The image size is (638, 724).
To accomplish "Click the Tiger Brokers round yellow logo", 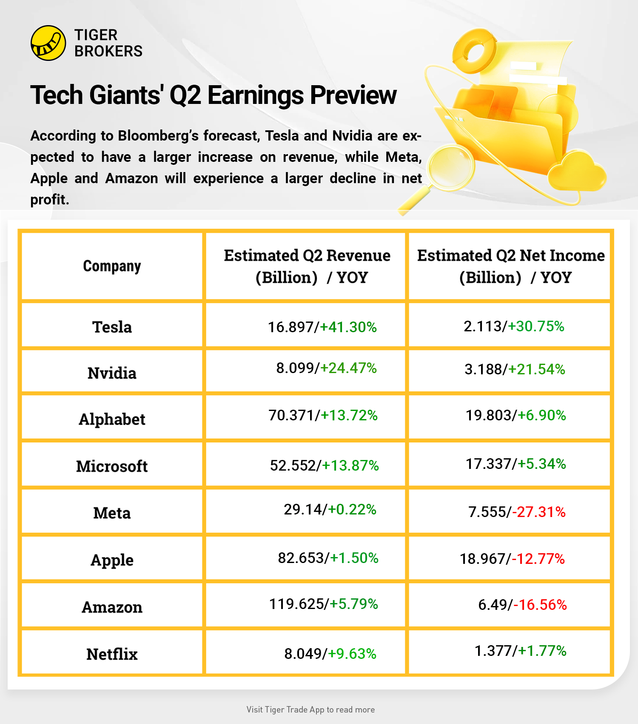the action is click(x=48, y=43).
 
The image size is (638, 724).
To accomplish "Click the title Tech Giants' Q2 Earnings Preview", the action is click(x=213, y=95).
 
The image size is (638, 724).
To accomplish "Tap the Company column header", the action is click(x=112, y=266).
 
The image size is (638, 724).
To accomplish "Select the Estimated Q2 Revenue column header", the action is click(x=307, y=266).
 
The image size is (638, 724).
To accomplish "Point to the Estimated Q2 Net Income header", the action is click(x=511, y=266).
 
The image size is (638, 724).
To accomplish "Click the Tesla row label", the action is click(x=112, y=327).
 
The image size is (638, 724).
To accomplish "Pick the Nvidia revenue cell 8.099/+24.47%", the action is click(x=326, y=368).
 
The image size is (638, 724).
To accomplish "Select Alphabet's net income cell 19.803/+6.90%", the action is click(x=516, y=415).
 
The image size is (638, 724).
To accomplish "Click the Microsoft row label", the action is click(x=112, y=466).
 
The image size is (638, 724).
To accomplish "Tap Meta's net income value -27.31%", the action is click(x=539, y=511).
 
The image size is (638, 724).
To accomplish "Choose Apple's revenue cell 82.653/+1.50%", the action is click(x=328, y=558).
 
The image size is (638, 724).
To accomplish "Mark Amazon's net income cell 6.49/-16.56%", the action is click(x=522, y=604).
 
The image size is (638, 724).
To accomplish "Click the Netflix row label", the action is click(x=112, y=654).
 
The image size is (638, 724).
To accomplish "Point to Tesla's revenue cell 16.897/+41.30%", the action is click(x=322, y=327).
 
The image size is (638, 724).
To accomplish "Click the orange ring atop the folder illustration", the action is click(x=475, y=51).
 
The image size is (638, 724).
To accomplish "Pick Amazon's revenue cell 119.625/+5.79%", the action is click(x=324, y=604).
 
